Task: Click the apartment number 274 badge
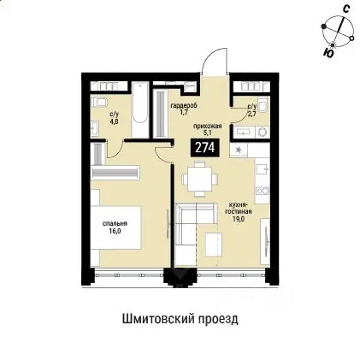[204, 147]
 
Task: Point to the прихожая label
[209, 126]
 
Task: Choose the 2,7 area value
[251, 112]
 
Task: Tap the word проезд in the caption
[218, 318]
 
